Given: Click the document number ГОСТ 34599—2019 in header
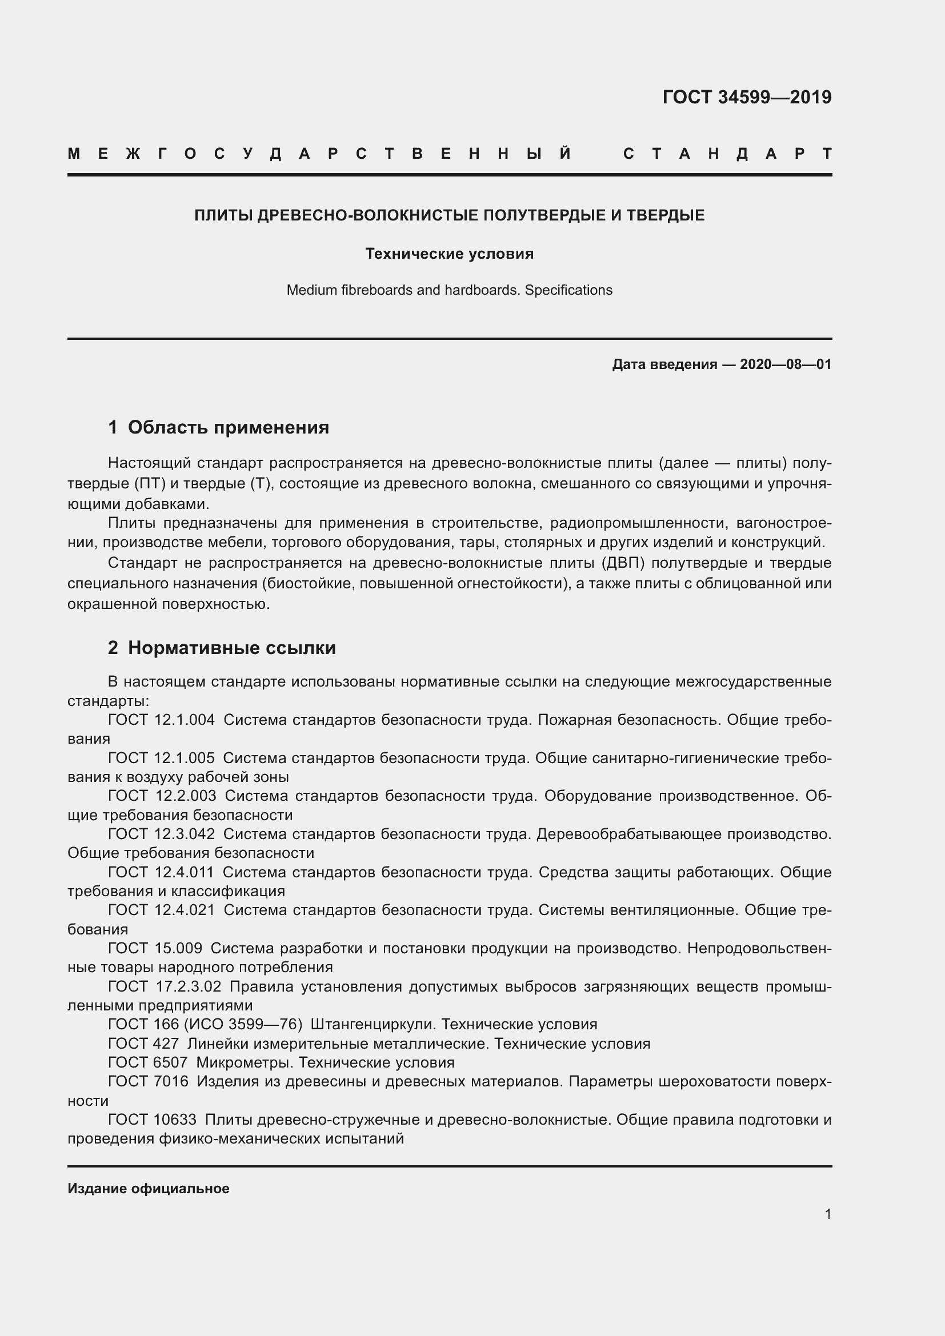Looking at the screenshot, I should [747, 97].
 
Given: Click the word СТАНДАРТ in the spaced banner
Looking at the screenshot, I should [727, 154].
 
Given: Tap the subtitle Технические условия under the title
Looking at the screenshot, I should [449, 254].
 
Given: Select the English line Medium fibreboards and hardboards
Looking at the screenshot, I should [449, 290].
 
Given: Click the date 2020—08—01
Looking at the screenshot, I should [785, 364].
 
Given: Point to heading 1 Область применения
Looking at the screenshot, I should [218, 428].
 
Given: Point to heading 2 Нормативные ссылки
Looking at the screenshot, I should [222, 648].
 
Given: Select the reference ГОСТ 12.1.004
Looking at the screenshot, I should [161, 720].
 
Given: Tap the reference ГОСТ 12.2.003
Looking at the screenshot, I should [162, 796].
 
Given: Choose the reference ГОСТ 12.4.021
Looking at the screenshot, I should [161, 909].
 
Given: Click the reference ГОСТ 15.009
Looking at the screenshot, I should [155, 948].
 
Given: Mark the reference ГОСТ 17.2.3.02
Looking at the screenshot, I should [165, 986].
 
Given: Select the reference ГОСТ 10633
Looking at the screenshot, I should [152, 1120].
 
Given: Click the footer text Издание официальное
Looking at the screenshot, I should [149, 1189].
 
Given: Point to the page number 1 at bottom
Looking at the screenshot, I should [827, 1214].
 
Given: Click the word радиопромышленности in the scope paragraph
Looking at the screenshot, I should [631, 524].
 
